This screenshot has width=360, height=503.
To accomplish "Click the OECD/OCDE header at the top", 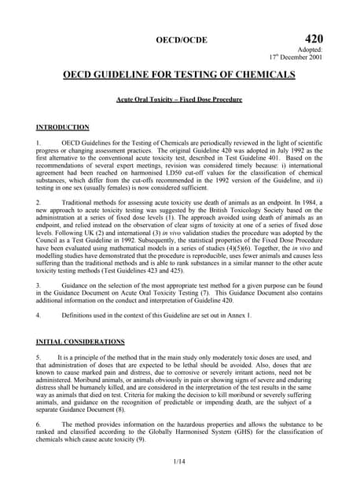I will point(179,38).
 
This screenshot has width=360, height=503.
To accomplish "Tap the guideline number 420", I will point(312,37).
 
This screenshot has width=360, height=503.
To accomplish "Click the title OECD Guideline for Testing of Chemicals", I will point(179,75).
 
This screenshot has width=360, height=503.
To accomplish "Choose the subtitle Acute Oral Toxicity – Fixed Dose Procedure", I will point(179,101).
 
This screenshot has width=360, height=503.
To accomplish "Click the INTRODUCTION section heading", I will point(63,127).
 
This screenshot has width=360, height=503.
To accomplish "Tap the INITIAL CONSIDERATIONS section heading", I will point(81,342).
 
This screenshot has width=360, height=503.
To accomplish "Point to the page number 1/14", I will point(179,470).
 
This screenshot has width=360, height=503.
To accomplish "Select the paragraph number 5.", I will point(39,357).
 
